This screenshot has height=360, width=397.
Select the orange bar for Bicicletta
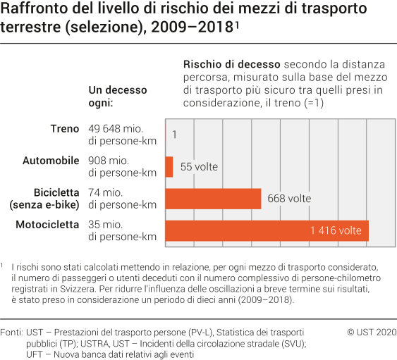(x=213, y=199)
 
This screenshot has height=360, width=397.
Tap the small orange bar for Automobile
(x=169, y=167)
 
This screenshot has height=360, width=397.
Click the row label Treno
(x=65, y=129)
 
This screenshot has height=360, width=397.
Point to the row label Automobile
(x=51, y=161)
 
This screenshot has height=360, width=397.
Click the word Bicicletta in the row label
(x=56, y=192)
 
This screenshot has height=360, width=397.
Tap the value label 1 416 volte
(x=336, y=230)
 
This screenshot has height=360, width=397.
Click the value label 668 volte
(x=289, y=199)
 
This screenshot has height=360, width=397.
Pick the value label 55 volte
(x=200, y=167)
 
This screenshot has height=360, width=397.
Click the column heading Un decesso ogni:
(x=117, y=96)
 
